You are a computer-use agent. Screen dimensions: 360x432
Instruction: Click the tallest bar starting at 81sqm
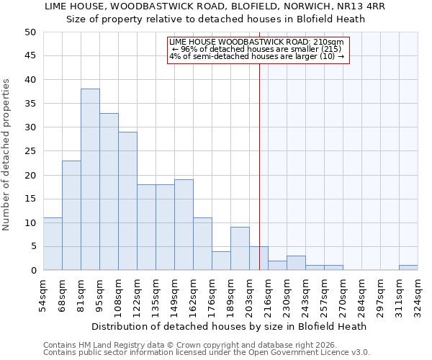pyautogui.click(x=90, y=180)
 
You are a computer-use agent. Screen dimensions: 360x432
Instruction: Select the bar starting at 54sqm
pyautogui.click(x=53, y=244)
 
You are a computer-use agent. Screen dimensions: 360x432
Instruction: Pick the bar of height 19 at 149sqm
pyautogui.click(x=184, y=225)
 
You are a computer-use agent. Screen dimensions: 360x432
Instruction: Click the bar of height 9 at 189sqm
pyautogui.click(x=240, y=248)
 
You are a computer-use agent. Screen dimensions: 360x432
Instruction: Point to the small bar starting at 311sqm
pyautogui.click(x=408, y=268)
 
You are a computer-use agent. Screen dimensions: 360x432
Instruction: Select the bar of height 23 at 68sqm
pyautogui.click(x=71, y=215)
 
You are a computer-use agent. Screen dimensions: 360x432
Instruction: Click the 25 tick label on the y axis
pyautogui.click(x=30, y=151)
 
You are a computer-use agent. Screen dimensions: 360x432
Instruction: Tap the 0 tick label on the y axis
pyautogui.click(x=33, y=271)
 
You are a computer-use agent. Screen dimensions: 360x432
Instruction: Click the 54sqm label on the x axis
pyautogui.click(x=44, y=295)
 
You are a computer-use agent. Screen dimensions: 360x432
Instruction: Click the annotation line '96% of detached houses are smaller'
pyautogui.click(x=258, y=49)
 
